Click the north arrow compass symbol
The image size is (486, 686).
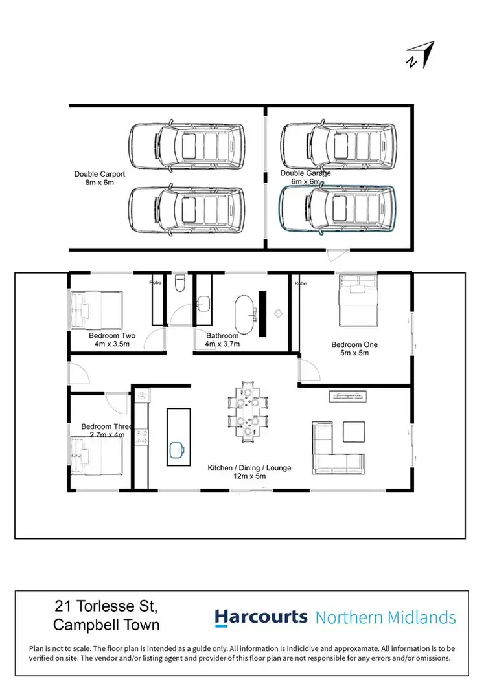point(421,55)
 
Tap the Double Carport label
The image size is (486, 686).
point(99,178)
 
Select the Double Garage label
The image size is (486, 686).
point(305,177)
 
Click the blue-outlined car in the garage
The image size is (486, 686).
point(337,208)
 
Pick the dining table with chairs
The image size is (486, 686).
point(248,412)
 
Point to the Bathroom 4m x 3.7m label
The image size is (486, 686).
point(223,340)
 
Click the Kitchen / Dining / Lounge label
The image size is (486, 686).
point(249,472)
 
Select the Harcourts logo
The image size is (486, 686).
point(260,617)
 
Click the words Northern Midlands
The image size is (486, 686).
point(386,617)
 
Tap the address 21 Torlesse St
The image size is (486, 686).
point(106,607)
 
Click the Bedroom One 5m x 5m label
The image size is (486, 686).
point(354,349)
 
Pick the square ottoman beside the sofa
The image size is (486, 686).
point(354,432)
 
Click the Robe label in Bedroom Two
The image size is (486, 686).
point(156,283)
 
